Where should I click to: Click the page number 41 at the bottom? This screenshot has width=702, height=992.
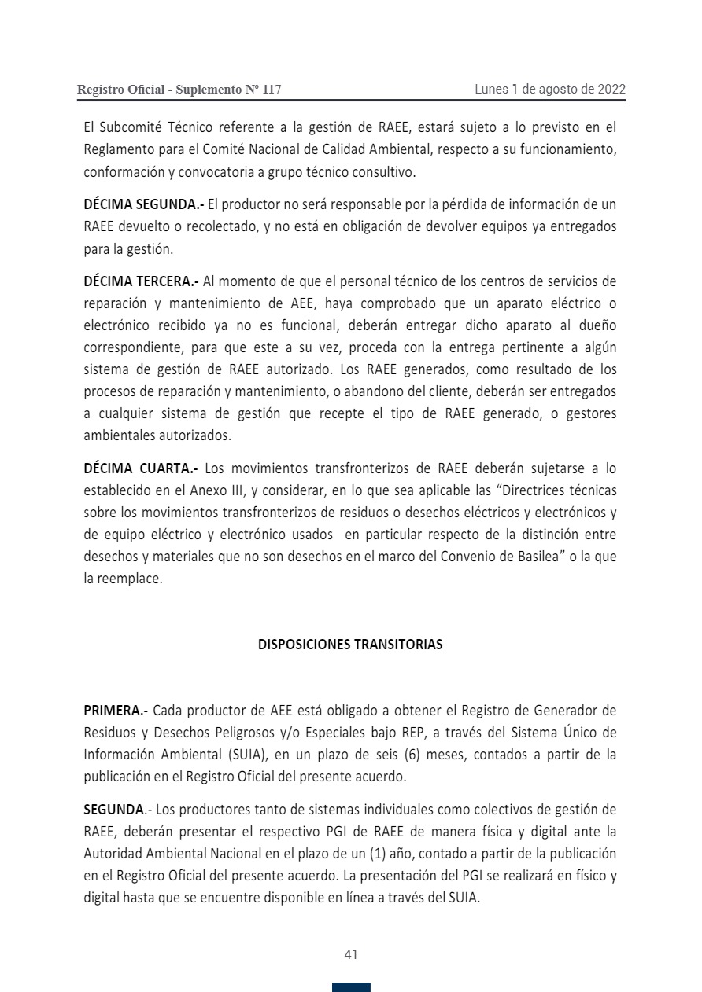pyautogui.click(x=351, y=954)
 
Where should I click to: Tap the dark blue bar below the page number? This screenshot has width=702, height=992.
pyautogui.click(x=351, y=987)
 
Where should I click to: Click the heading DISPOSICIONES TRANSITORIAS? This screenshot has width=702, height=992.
pyautogui.click(x=350, y=645)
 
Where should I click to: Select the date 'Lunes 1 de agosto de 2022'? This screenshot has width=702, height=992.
pyautogui.click(x=550, y=89)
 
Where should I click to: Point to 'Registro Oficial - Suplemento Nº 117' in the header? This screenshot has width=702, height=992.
pyautogui.click(x=179, y=90)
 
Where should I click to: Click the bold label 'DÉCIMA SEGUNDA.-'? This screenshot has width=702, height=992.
pyautogui.click(x=144, y=204)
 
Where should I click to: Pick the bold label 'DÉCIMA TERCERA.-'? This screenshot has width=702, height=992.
pyautogui.click(x=142, y=281)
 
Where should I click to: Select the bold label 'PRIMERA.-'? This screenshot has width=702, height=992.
pyautogui.click(x=116, y=711)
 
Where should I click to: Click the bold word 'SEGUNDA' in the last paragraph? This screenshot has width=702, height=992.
pyautogui.click(x=114, y=810)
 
